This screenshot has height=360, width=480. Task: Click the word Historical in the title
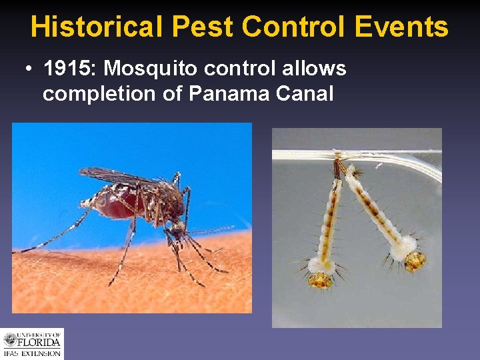96,27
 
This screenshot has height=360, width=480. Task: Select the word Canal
304,93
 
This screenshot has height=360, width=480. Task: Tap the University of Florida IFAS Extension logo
32,343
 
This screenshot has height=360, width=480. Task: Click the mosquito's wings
120,176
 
